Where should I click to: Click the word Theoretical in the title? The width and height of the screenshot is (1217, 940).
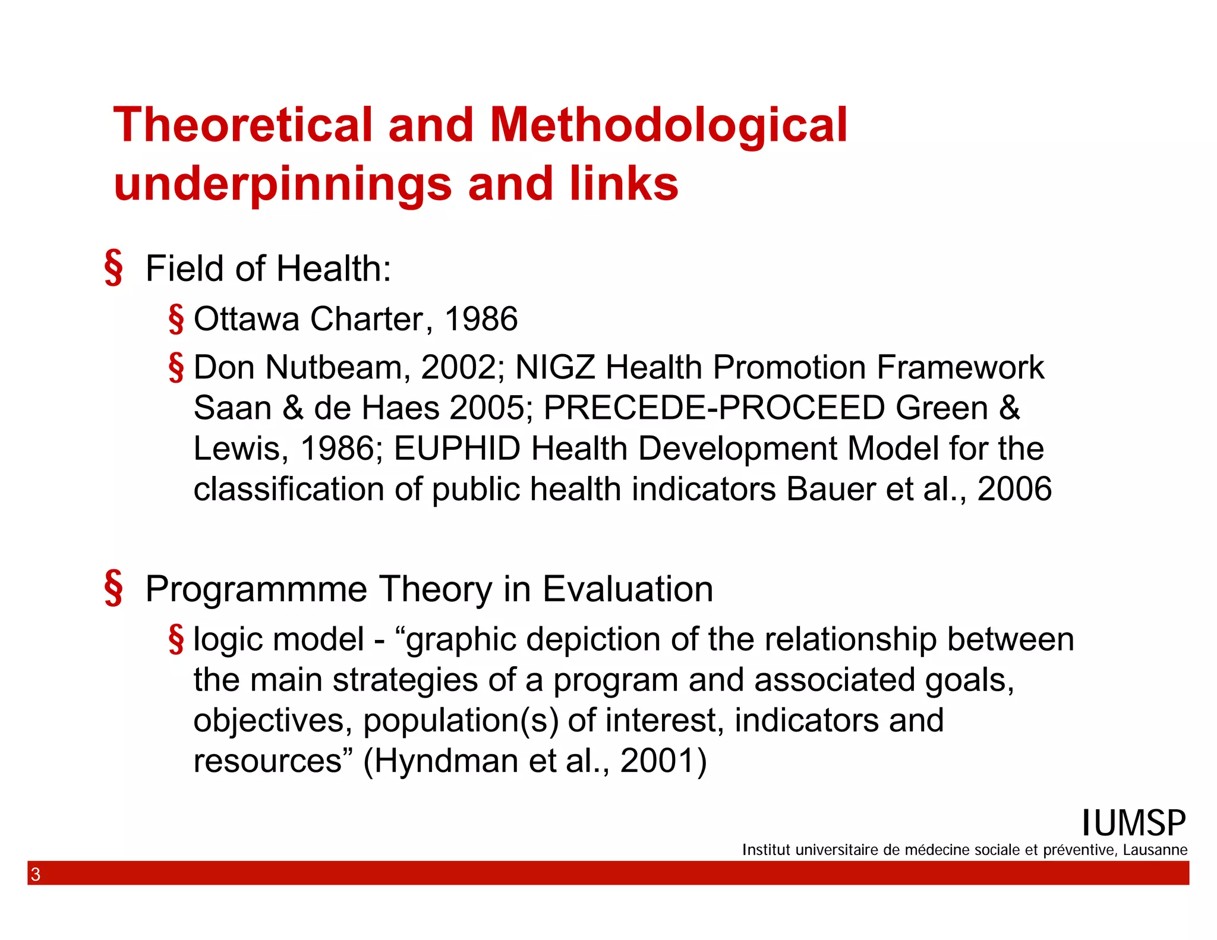coord(242,125)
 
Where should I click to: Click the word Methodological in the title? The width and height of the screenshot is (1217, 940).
coord(669,125)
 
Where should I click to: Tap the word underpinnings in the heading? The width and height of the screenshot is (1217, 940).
coord(282,184)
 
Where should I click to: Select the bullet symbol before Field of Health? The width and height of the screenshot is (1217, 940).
coord(113,268)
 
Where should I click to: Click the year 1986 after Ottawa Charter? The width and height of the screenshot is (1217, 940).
coord(481,319)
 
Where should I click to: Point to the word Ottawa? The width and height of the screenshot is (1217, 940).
coord(246,319)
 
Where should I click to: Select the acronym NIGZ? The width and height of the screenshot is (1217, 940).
coord(554,367)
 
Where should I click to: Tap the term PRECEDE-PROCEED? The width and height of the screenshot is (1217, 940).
coord(714,408)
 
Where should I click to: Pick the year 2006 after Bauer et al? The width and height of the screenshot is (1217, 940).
coord(1014,489)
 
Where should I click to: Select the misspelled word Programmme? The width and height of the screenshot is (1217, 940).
coord(256,589)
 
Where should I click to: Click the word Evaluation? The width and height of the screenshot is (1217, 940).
coord(628,589)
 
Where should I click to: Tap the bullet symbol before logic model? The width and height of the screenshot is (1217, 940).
coord(176,640)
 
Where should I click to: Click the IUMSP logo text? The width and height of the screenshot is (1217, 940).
coord(1133,824)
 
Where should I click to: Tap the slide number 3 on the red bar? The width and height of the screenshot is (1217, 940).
coord(36,875)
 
